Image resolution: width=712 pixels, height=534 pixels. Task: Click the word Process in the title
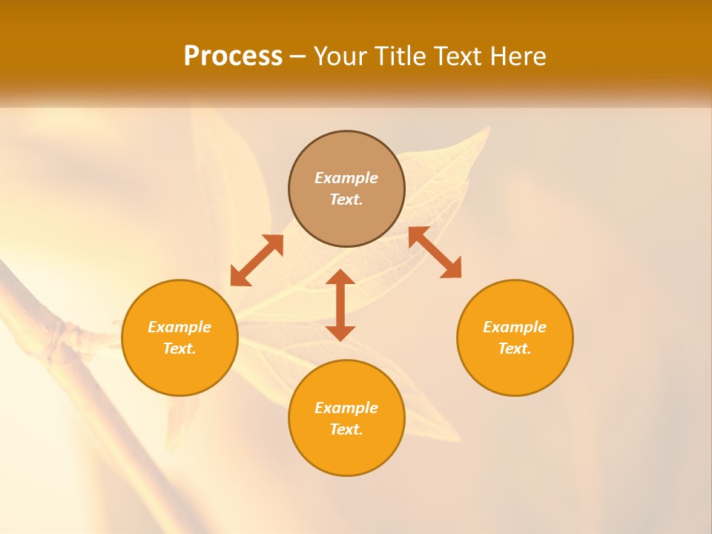233,56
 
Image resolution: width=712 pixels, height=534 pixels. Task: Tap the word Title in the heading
403,56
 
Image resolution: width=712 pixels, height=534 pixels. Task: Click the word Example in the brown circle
346,178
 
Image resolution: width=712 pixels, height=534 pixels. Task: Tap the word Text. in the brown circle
346,200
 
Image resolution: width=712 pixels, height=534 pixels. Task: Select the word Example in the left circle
179,327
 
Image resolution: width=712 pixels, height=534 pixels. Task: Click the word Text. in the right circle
515,349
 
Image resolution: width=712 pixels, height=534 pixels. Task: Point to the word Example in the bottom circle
346,408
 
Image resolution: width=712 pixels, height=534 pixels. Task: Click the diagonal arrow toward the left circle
257,260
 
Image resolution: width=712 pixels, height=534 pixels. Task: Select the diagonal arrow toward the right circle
435,252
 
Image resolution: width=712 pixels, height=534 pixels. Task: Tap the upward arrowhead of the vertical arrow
340,277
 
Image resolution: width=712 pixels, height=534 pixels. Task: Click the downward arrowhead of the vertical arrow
340,333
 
